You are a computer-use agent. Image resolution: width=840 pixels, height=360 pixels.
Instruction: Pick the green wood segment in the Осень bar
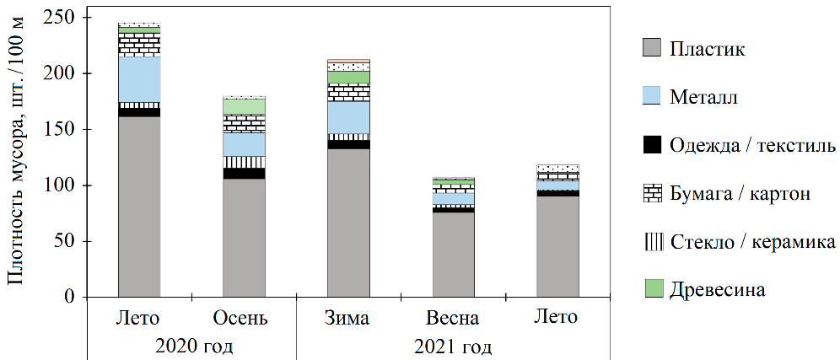(x=244, y=106)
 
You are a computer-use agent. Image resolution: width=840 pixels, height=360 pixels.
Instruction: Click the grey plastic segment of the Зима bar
(x=348, y=223)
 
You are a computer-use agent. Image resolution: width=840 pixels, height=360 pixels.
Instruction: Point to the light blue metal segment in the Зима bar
(x=348, y=117)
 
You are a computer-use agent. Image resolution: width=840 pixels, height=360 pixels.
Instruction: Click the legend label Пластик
(x=708, y=48)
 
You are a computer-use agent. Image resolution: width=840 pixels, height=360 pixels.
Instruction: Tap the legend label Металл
(x=704, y=97)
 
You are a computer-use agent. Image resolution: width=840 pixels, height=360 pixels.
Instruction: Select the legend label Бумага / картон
(x=740, y=194)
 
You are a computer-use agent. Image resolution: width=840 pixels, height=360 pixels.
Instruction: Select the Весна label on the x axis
(x=453, y=319)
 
